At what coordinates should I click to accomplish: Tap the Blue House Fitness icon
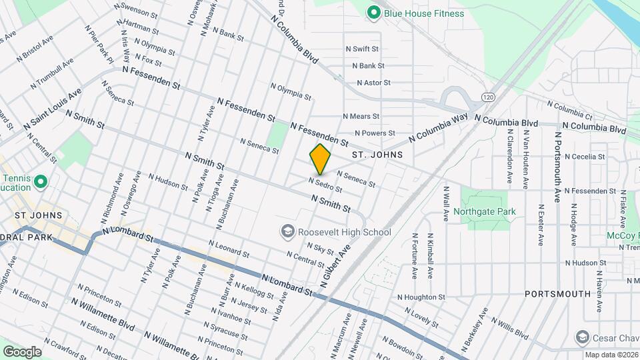[x=374, y=11]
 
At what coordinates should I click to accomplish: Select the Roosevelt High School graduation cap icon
[x=287, y=231]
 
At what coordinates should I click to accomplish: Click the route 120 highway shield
[x=488, y=97]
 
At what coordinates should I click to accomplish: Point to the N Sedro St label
[x=325, y=184]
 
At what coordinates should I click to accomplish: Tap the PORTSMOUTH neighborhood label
[x=557, y=293]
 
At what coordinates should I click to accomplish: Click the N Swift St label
[x=362, y=49]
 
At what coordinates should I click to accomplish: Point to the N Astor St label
[x=373, y=83]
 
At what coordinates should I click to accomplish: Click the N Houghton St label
[x=421, y=297]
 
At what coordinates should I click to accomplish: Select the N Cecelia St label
[x=585, y=157]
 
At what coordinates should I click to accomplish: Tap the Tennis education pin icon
[x=40, y=181]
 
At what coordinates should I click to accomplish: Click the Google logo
[x=22, y=351]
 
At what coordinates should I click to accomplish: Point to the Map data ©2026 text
[x=611, y=355]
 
